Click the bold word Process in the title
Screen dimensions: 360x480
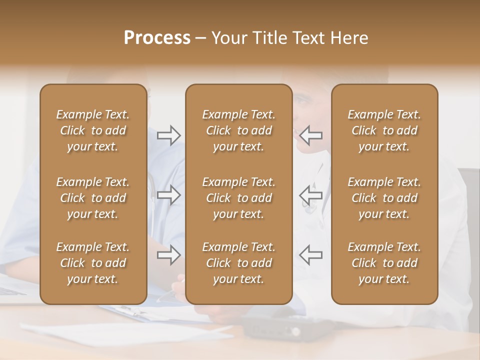(157, 38)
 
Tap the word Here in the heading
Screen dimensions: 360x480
(350, 38)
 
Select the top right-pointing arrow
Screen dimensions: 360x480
(169, 135)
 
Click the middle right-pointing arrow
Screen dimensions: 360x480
(169, 195)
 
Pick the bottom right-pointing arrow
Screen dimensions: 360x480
(169, 255)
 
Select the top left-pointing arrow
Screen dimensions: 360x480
(310, 135)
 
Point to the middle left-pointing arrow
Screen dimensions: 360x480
(310, 195)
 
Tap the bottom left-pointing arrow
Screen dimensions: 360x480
(310, 255)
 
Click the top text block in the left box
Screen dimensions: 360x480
(93, 130)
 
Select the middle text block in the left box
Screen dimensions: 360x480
(93, 198)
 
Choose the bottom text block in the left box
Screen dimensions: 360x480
(93, 263)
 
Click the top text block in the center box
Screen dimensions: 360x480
(238, 130)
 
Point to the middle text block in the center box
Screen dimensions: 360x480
(238, 198)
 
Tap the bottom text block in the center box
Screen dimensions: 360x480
(238, 263)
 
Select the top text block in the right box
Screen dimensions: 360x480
(384, 130)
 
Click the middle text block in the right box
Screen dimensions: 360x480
(384, 198)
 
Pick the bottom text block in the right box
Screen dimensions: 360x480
(384, 263)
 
